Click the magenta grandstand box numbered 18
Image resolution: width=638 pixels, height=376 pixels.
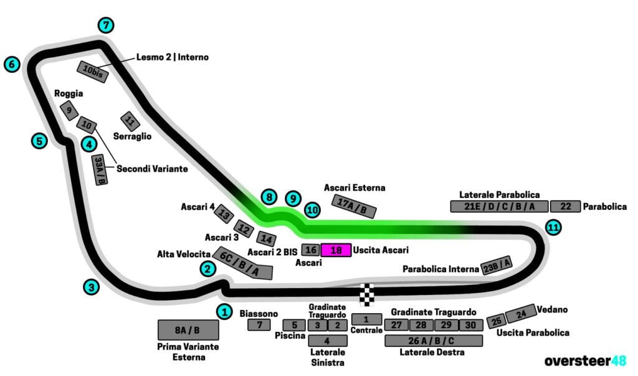point(336,250)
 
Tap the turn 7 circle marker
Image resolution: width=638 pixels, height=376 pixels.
point(107,26)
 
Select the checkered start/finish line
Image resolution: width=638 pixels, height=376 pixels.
point(368,294)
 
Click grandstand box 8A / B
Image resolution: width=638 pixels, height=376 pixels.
point(188,330)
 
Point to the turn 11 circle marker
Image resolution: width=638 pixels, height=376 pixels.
point(553,227)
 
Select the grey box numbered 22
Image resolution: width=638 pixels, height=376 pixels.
point(565,207)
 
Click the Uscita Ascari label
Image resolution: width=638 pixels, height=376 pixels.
point(381,250)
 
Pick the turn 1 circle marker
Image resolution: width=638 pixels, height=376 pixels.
point(224,311)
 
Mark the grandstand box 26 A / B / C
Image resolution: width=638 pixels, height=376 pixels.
point(434,341)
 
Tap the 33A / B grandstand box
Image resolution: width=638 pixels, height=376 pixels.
point(100,169)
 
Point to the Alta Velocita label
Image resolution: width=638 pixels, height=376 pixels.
point(183,254)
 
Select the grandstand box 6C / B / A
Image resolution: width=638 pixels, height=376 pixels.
point(243,263)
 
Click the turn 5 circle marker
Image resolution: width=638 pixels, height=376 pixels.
point(39,141)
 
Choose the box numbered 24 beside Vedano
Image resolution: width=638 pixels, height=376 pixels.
point(520,314)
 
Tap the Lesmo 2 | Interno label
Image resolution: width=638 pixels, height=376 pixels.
point(173,57)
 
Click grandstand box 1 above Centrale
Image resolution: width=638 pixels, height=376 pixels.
point(366,319)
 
